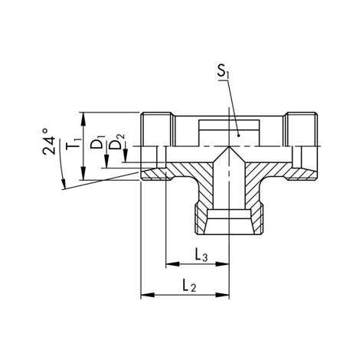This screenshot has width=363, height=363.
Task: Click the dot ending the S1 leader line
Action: pos(238,136)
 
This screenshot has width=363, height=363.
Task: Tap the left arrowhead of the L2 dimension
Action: pos(146,295)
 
